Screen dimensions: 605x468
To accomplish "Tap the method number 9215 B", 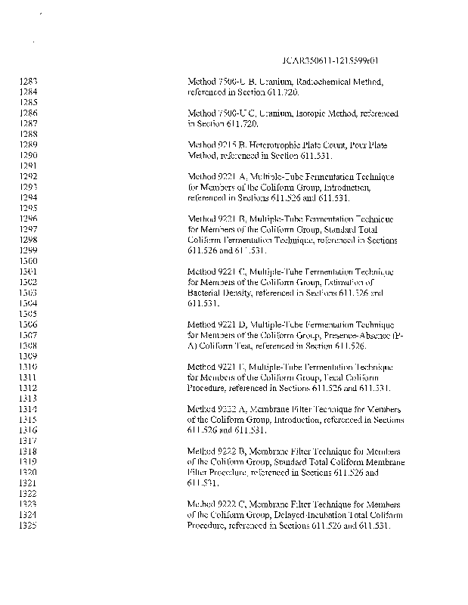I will pyautogui.click(x=226, y=144).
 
